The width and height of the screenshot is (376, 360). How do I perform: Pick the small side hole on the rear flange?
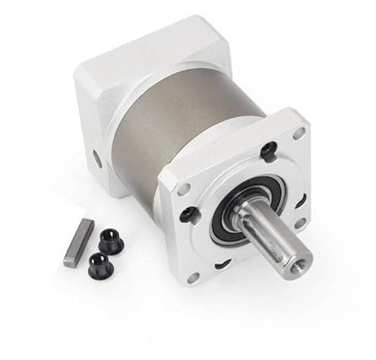click(x=97, y=159)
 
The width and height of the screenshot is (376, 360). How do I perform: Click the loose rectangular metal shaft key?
click(x=78, y=242)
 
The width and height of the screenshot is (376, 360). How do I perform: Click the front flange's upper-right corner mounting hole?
click(x=298, y=133)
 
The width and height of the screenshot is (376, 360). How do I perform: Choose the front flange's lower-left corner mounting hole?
click(x=191, y=278)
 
